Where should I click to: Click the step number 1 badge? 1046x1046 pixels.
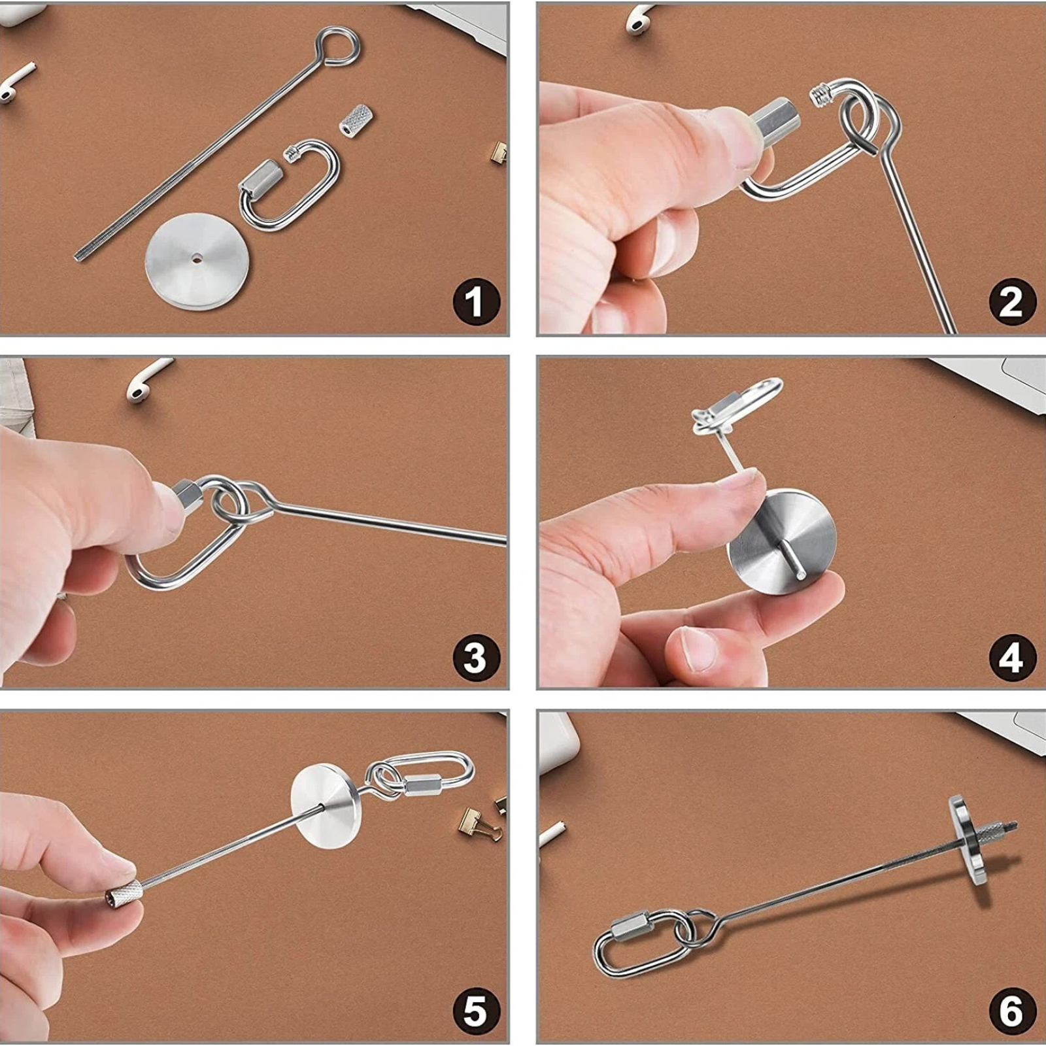[x=476, y=301]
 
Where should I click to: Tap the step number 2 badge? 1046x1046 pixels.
[x=1012, y=301]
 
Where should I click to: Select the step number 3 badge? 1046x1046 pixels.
[x=476, y=658]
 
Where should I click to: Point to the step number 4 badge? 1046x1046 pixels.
[x=1012, y=658]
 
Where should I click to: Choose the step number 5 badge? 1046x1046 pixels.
[x=476, y=1011]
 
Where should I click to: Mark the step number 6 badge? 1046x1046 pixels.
[x=1012, y=1011]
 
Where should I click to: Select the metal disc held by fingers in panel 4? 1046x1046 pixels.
[x=783, y=541]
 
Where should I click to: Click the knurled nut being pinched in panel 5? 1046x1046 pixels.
[x=123, y=893]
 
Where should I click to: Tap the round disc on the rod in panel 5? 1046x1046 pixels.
[x=325, y=805]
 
